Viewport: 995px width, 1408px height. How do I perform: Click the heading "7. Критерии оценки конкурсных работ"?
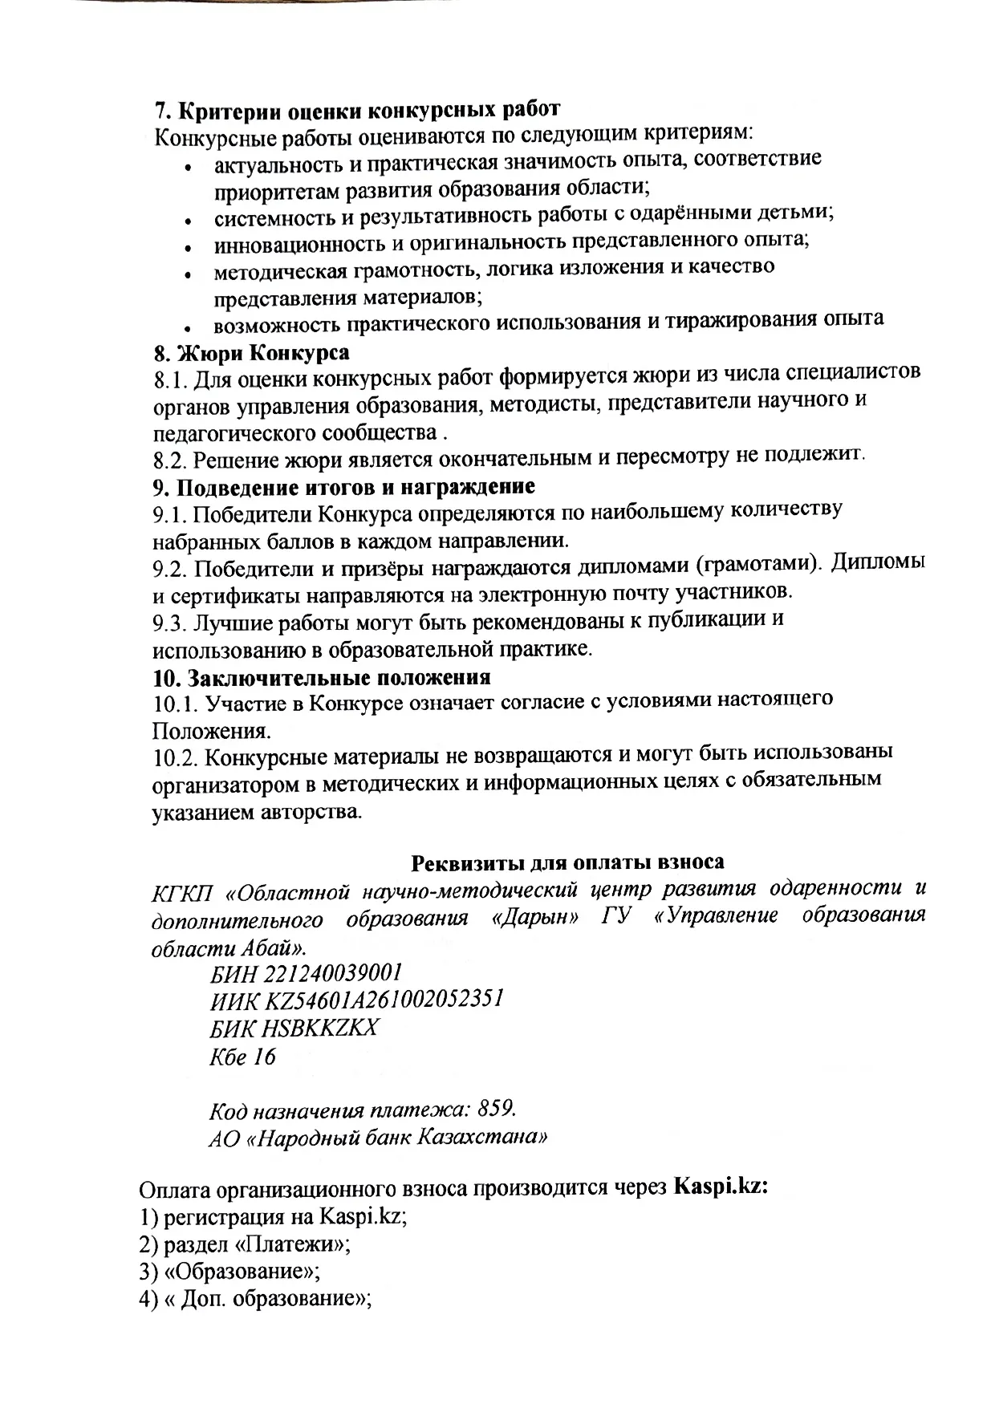coord(356,109)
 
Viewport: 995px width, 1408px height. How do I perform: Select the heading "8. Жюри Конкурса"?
coord(251,353)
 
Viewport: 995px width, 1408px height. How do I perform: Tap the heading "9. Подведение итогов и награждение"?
coord(344,487)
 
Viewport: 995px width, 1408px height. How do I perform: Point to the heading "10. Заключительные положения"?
coord(322,677)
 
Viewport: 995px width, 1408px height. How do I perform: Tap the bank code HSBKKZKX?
coord(326,1028)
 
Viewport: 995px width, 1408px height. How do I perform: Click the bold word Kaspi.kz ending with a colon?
coord(721,1186)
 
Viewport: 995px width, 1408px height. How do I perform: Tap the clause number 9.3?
coord(170,623)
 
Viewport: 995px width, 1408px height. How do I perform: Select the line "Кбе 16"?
coord(242,1057)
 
